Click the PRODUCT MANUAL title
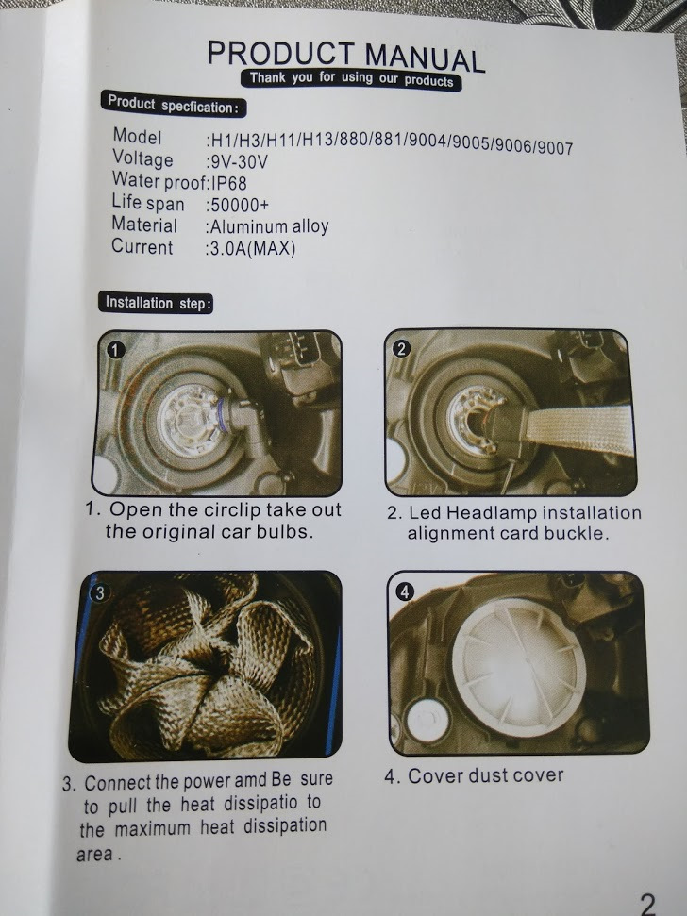click(345, 56)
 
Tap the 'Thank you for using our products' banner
click(351, 79)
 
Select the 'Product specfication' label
click(173, 105)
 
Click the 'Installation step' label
click(156, 303)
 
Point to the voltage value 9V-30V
click(237, 160)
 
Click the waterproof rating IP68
click(228, 183)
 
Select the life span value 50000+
click(237, 205)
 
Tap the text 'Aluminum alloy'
click(267, 226)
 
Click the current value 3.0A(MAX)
click(250, 248)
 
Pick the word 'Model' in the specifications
click(137, 136)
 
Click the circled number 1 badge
click(116, 349)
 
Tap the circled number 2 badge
click(401, 349)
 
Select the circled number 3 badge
click(100, 593)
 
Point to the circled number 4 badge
click(405, 591)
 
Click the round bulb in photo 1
click(190, 422)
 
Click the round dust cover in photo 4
click(519, 666)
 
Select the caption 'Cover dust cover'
click(474, 775)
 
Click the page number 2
click(648, 903)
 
